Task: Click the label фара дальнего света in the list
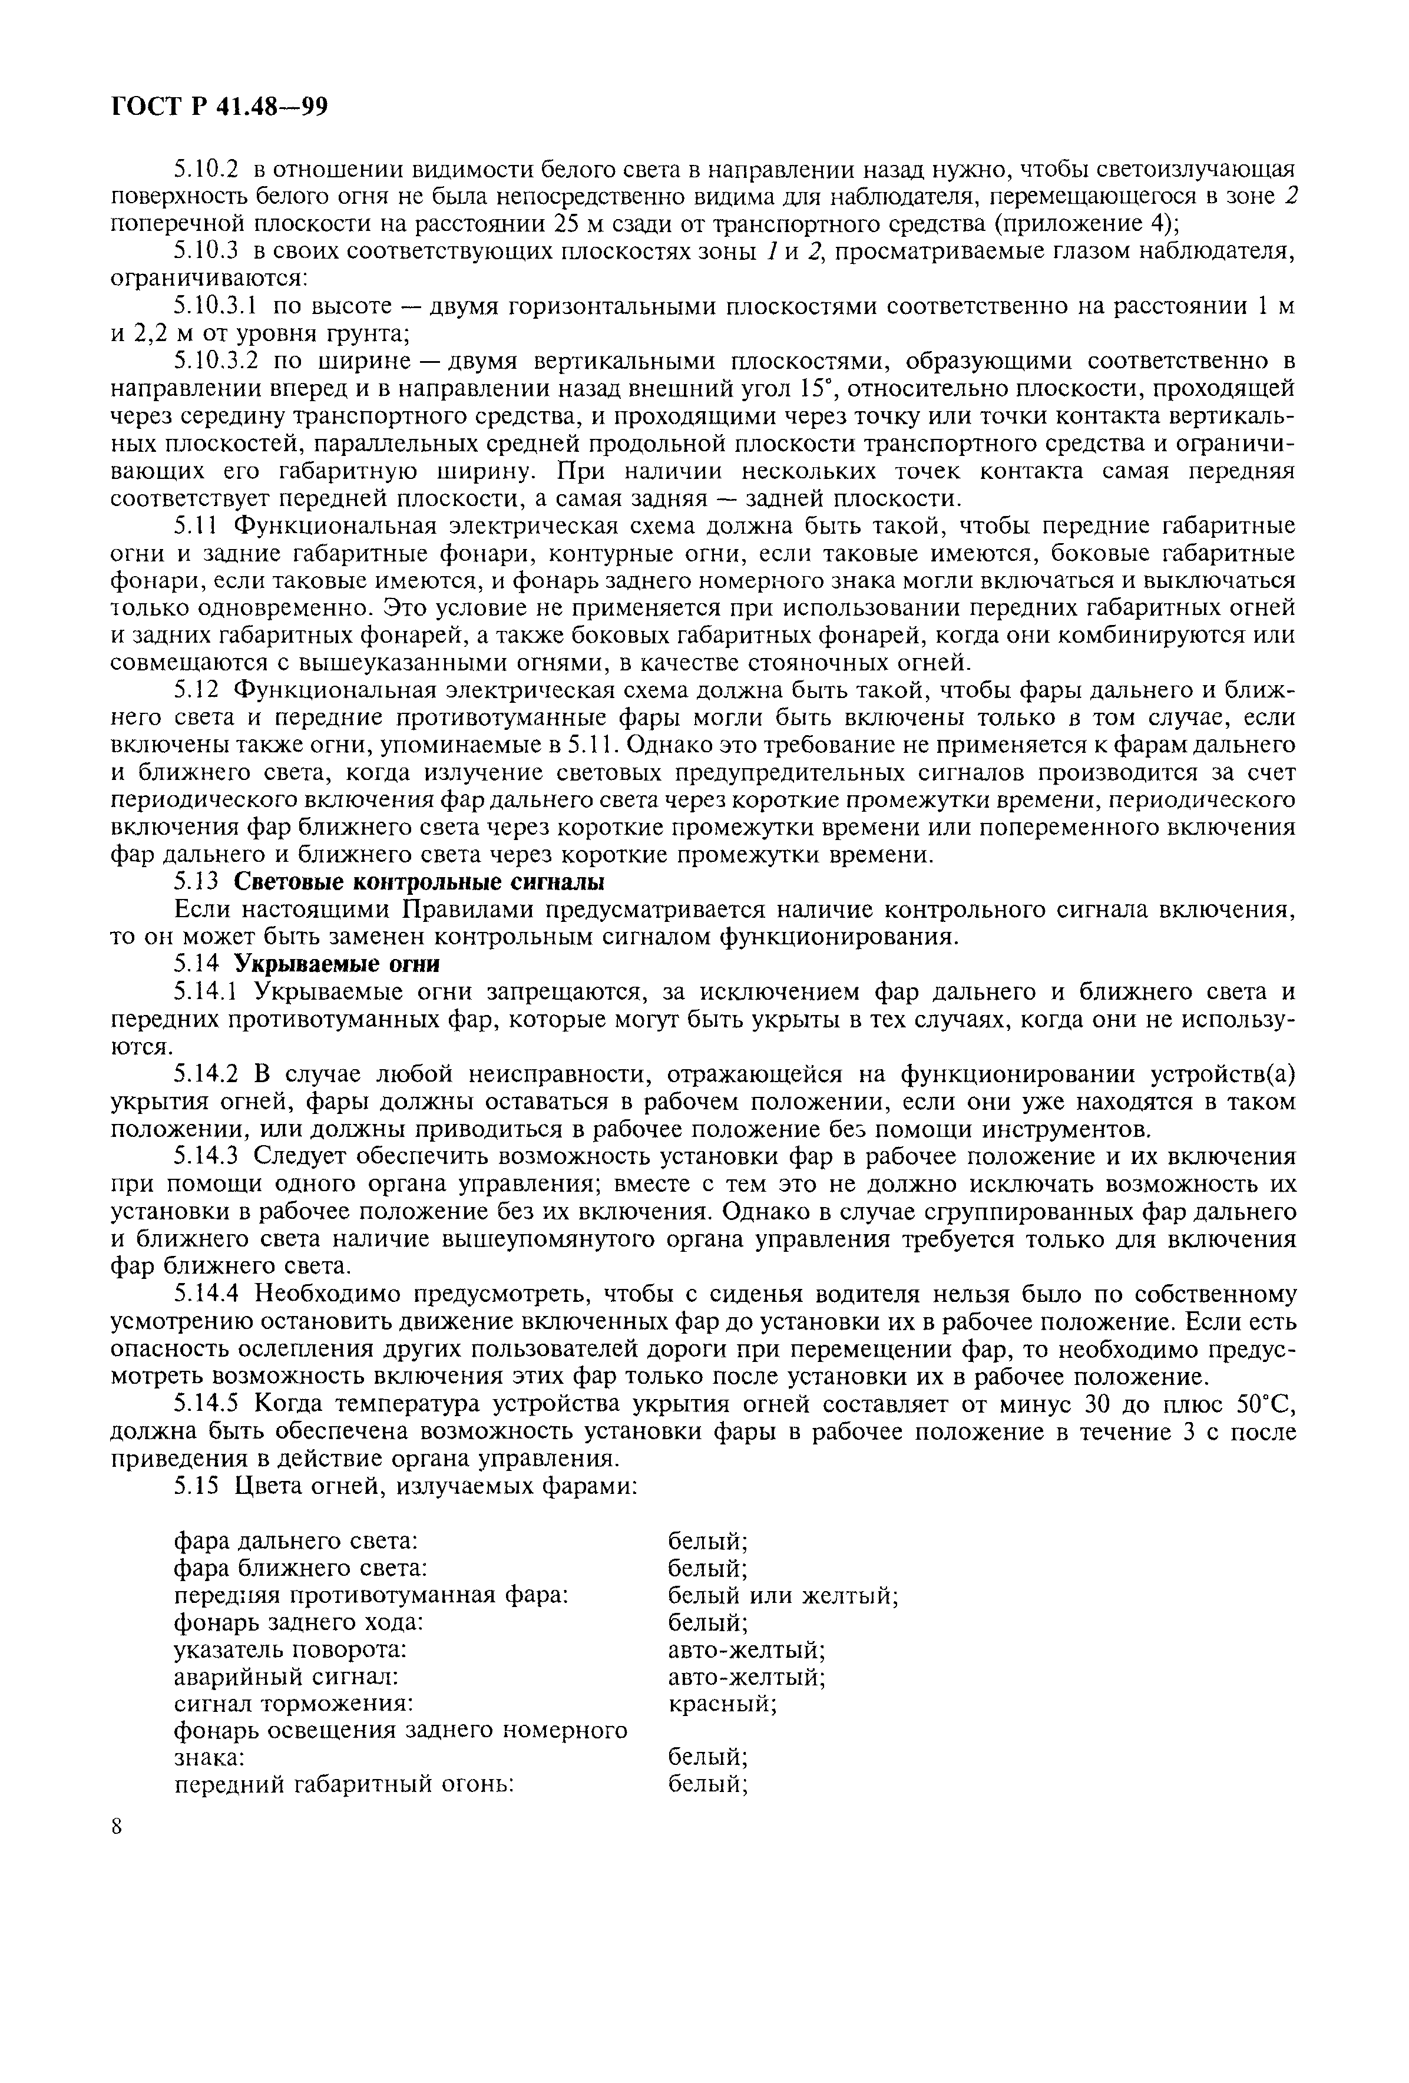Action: (x=296, y=1540)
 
